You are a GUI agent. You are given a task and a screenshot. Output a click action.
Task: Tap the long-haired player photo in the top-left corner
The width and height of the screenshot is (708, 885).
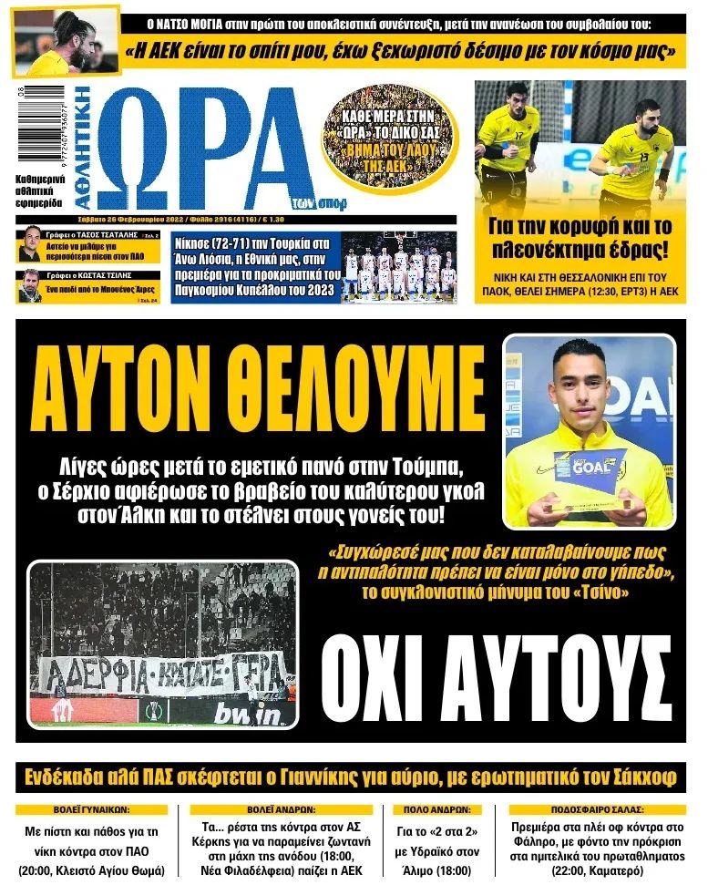click(66, 41)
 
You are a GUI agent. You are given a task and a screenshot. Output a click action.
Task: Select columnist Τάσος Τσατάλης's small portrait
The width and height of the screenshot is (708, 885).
click(32, 245)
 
